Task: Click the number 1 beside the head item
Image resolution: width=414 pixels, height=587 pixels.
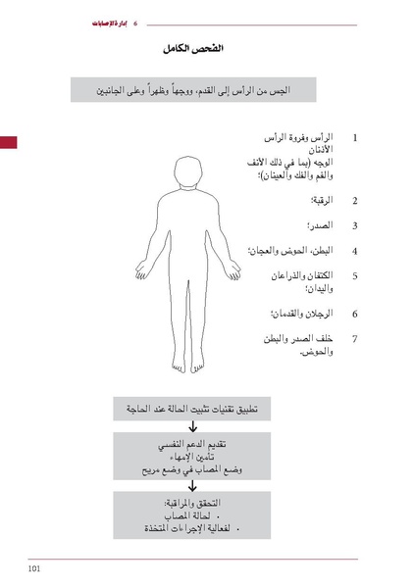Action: (x=354, y=139)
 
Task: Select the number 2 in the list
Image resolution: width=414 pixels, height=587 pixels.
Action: (x=354, y=201)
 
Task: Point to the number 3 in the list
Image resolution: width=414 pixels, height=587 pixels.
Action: (x=354, y=225)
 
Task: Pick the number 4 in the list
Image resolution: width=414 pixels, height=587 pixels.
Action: (x=354, y=250)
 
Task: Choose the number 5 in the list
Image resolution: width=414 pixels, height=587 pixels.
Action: (x=354, y=275)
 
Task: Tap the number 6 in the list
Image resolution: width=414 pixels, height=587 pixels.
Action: (x=354, y=314)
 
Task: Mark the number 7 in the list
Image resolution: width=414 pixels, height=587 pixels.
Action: (x=354, y=338)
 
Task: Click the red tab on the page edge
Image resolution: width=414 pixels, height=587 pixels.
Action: (x=9, y=143)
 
